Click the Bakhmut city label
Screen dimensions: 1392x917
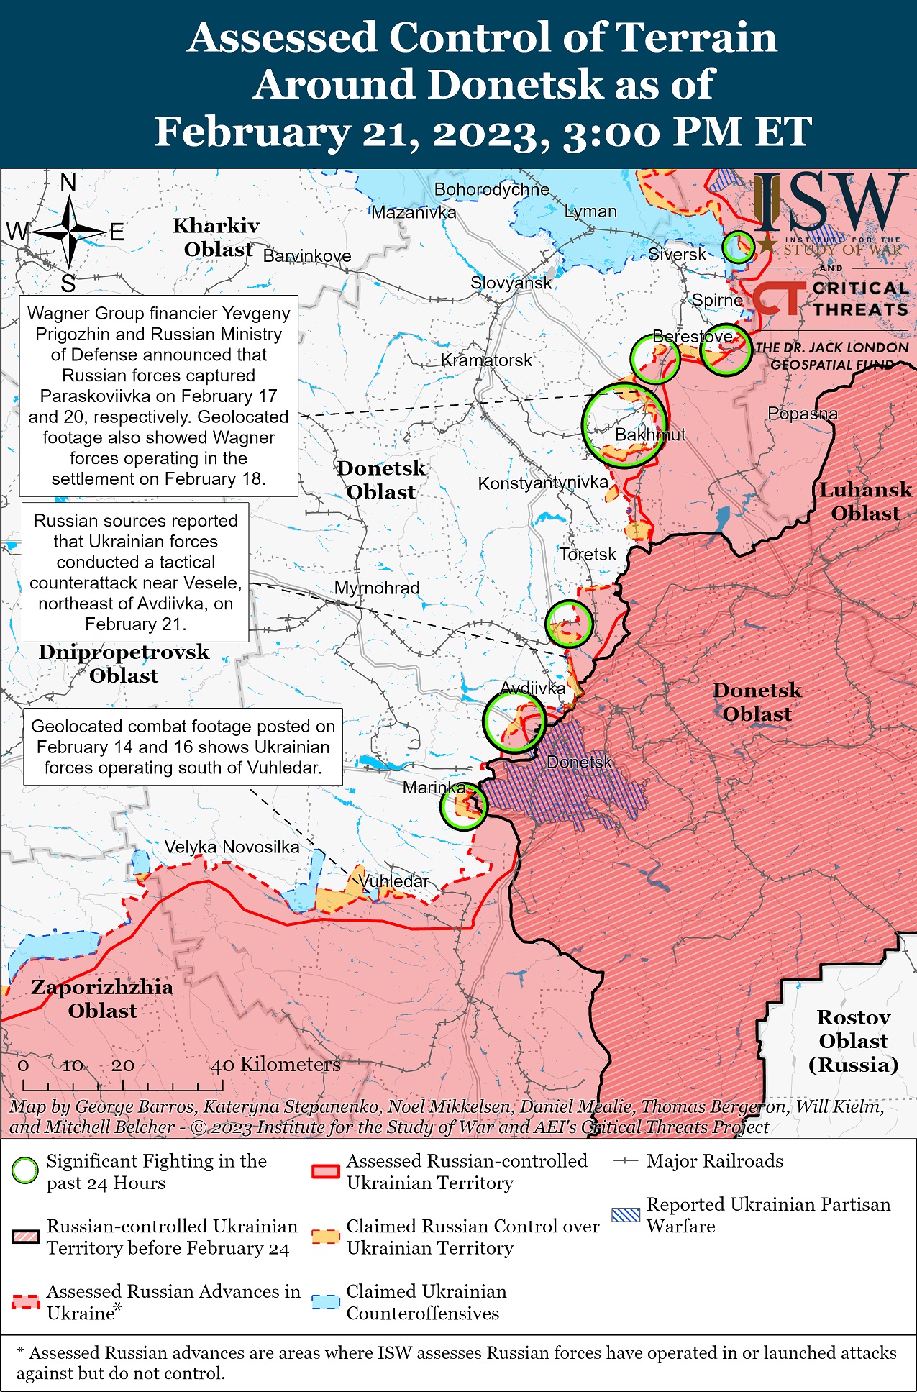point(649,435)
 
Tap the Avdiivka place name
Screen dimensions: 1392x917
point(533,688)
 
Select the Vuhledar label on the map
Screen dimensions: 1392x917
point(393,881)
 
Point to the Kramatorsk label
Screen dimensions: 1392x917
point(486,360)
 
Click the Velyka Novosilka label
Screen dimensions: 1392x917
point(232,847)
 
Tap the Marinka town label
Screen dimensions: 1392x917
point(434,787)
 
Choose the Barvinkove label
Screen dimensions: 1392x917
point(307,256)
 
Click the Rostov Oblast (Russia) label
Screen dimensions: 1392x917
point(853,1041)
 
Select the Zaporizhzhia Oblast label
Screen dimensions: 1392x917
point(102,998)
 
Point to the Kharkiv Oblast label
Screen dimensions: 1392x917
point(216,237)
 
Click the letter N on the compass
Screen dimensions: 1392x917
point(68,183)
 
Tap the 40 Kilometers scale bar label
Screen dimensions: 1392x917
point(275,1065)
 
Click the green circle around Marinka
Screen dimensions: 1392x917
point(463,806)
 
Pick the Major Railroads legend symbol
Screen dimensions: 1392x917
point(626,1161)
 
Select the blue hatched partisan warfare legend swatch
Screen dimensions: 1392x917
point(625,1215)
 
